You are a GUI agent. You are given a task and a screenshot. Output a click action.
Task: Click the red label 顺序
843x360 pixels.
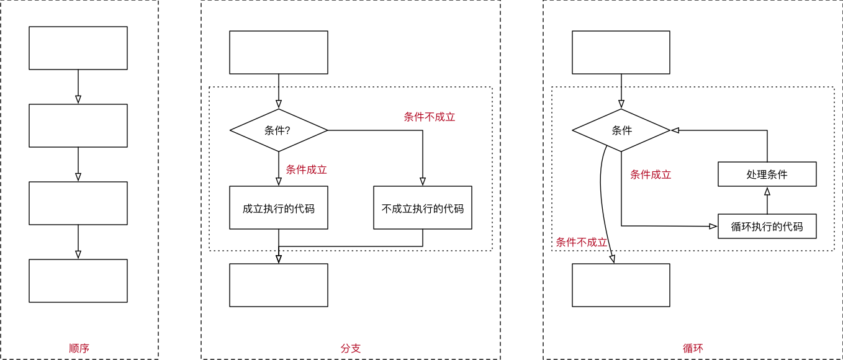(x=79, y=348)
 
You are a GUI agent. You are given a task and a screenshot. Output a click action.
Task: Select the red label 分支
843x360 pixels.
(x=350, y=348)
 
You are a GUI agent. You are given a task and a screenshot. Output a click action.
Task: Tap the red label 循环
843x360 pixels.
(x=693, y=348)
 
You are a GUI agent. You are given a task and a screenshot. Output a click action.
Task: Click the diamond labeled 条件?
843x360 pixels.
(x=278, y=130)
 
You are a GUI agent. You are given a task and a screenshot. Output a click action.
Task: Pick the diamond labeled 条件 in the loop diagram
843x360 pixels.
(x=621, y=130)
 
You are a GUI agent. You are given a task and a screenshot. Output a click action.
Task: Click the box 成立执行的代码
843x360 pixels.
(x=278, y=208)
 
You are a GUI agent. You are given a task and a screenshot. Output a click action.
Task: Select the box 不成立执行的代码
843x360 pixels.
(x=422, y=208)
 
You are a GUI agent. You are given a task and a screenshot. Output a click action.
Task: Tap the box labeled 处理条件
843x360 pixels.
(x=767, y=174)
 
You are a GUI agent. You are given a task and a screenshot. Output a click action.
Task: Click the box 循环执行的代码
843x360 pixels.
(x=767, y=227)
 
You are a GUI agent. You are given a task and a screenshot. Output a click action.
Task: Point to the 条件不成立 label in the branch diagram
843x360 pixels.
(x=429, y=117)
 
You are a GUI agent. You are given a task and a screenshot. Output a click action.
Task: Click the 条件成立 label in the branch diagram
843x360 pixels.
(x=306, y=169)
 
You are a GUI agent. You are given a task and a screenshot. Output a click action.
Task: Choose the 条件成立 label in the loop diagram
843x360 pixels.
(x=651, y=174)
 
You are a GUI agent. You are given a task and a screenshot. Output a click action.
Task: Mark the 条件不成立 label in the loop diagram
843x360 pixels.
(x=581, y=242)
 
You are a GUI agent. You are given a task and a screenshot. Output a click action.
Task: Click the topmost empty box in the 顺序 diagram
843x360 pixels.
(x=78, y=48)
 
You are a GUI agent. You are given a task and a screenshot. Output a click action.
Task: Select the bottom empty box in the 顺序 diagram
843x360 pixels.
(x=78, y=281)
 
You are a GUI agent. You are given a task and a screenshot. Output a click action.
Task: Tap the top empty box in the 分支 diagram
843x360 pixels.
(x=278, y=52)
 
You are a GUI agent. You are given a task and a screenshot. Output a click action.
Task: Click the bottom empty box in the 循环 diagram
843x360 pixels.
(x=621, y=285)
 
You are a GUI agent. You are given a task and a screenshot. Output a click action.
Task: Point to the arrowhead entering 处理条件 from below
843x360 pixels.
(x=767, y=192)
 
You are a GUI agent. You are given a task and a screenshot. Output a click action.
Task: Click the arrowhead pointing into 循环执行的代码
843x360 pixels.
(x=713, y=227)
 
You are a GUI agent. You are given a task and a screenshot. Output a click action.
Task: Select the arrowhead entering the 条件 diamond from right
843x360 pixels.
(x=675, y=130)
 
